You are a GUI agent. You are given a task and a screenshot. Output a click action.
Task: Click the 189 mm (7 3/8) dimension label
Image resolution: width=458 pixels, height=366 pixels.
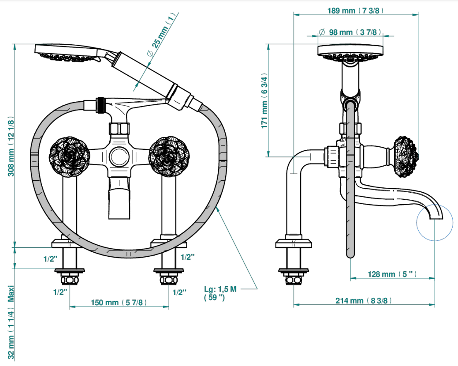click(x=355, y=11)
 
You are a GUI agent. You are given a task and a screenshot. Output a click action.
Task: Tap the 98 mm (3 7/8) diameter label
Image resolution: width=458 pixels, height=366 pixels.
click(x=350, y=32)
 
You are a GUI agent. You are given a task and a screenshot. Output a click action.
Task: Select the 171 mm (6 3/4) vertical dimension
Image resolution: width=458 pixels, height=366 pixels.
click(x=264, y=100)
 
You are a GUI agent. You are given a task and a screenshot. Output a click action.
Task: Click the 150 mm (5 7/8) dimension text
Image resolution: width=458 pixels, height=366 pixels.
click(x=118, y=302)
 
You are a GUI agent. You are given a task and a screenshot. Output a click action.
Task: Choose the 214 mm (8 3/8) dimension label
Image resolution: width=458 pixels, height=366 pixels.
click(x=363, y=300)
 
